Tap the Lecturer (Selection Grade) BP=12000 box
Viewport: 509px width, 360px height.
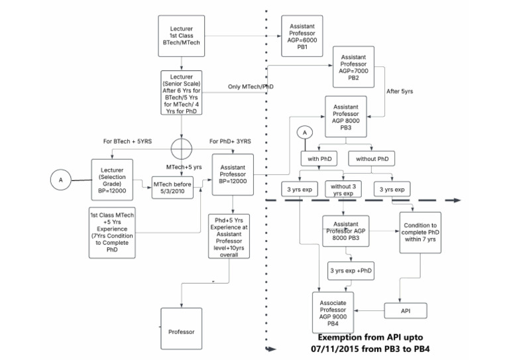(x=112, y=178)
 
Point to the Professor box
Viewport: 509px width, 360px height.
(x=181, y=330)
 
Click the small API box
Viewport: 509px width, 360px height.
(x=406, y=311)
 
